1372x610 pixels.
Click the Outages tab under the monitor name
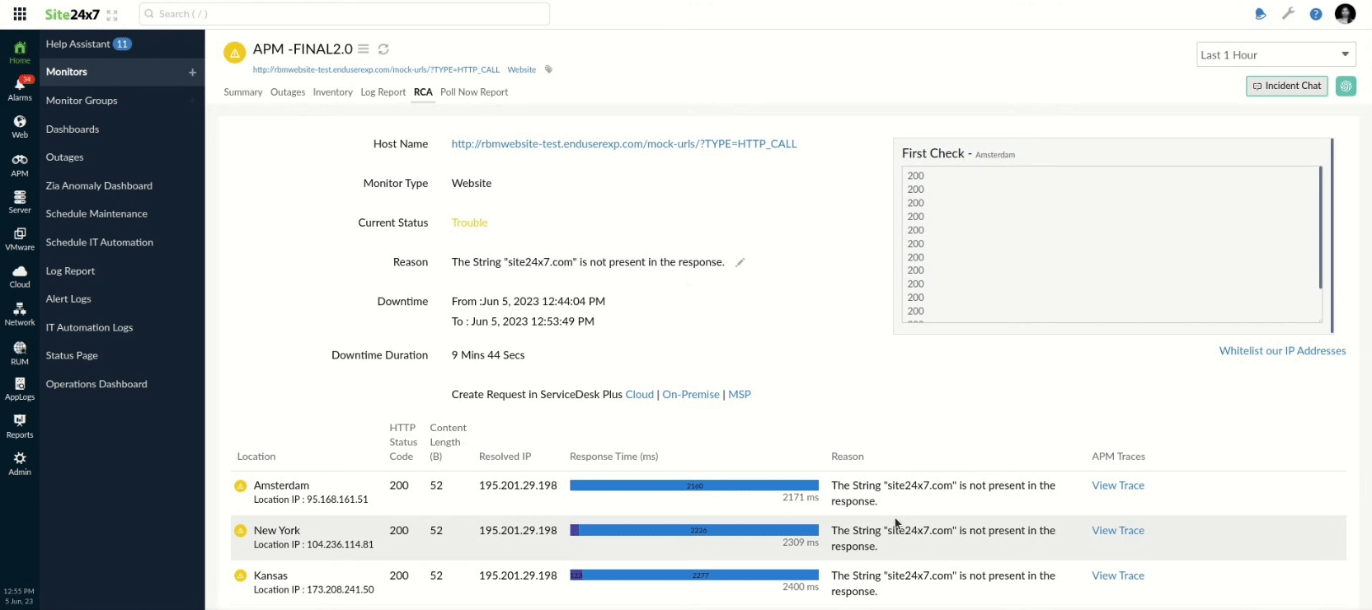coord(288,92)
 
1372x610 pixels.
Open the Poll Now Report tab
coord(473,92)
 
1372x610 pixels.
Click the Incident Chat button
coord(1286,86)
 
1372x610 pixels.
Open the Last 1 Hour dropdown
coord(1276,55)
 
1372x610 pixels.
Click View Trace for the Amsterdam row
coord(1117,486)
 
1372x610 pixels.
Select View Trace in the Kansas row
coord(1117,575)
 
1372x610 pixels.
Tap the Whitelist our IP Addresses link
coord(1282,350)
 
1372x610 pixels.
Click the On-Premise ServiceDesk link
coord(690,394)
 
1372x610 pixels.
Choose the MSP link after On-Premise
coord(739,394)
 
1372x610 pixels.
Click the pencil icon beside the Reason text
coord(740,262)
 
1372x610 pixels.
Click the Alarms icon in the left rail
coord(20,88)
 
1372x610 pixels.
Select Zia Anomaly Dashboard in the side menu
coord(99,185)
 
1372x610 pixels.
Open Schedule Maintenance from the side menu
coord(96,213)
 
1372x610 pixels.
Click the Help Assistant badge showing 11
coord(122,44)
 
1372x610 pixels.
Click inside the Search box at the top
coord(346,14)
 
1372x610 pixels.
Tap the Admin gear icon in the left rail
coord(20,462)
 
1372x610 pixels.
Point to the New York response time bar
coord(693,530)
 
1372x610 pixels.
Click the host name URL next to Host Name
coord(623,143)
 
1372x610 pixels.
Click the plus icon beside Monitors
coord(192,73)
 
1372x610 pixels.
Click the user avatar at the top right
coord(1345,14)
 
